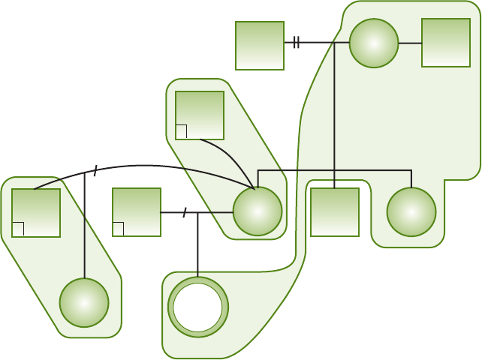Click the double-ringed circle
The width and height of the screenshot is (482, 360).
coord(198,307)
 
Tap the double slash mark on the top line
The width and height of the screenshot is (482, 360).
coord(297,43)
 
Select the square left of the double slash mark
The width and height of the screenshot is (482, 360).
coord(260,46)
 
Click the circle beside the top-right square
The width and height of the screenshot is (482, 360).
coord(374,43)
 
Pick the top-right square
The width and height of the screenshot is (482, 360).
coord(446,43)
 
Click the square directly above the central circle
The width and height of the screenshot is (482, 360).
coord(200,115)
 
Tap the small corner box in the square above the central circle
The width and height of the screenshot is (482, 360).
coord(181,132)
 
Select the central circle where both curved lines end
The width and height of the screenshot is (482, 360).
coord(258,211)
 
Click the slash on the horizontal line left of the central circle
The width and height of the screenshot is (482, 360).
coord(185,212)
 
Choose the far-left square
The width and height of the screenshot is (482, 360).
coord(36,212)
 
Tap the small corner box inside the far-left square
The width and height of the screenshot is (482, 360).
coord(18,229)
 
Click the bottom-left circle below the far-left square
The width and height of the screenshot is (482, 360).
coord(84,302)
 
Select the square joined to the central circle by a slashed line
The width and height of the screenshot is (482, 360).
coord(137,212)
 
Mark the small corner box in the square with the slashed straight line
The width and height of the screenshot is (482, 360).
coord(118,229)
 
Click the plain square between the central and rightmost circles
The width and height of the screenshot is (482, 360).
coord(335,212)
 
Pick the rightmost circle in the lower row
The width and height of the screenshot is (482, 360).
coord(411,211)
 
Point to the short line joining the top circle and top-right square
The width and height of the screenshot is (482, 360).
coord(410,43)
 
